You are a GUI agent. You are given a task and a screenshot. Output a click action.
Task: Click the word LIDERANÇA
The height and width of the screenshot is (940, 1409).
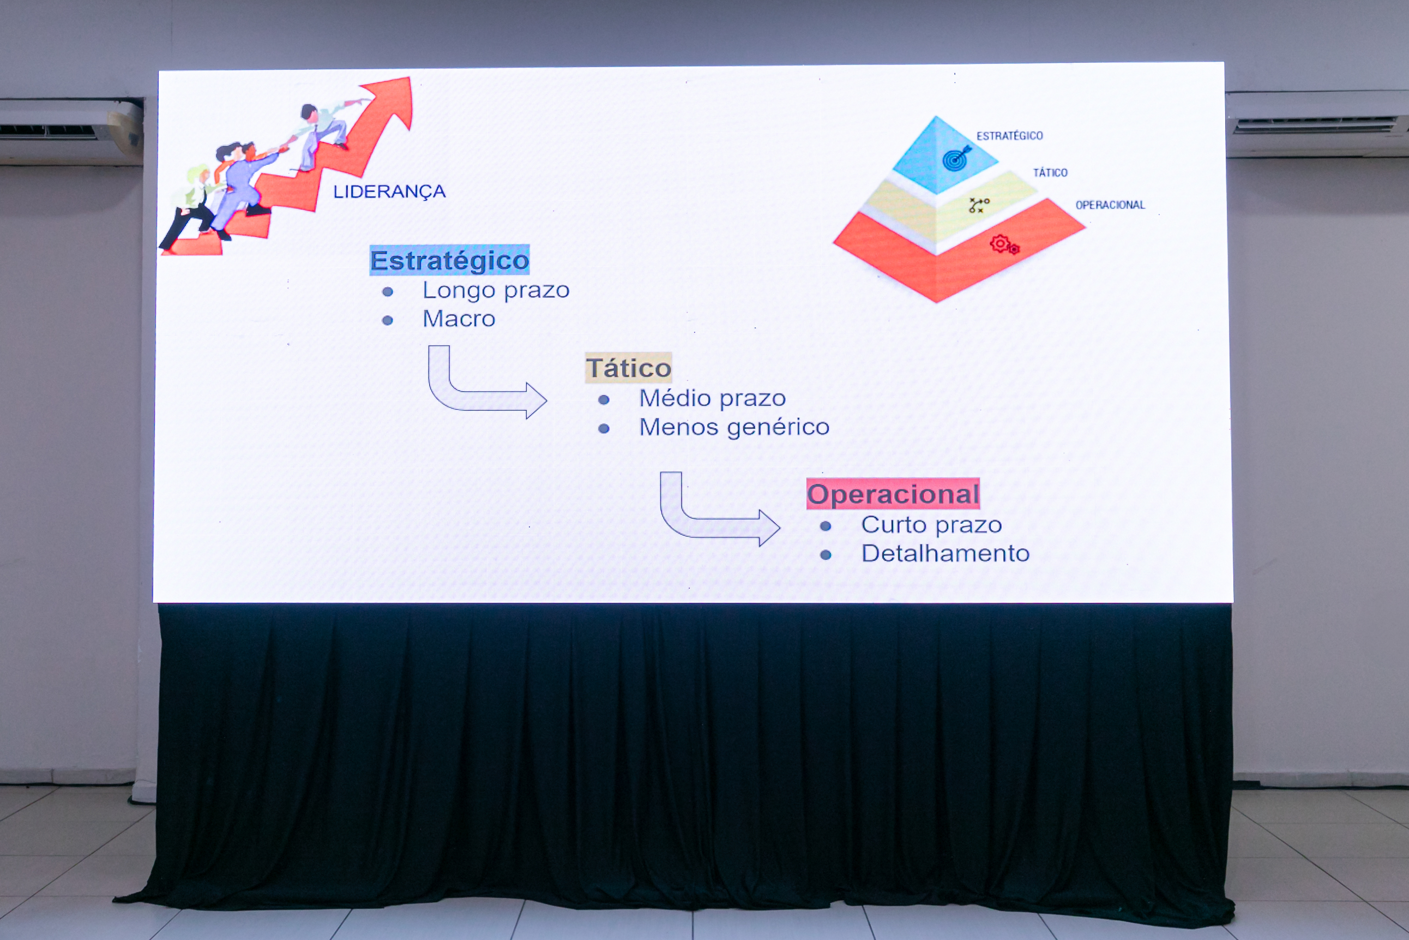click(x=389, y=192)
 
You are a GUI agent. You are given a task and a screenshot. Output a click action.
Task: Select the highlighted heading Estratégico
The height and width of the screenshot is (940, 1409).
click(x=449, y=260)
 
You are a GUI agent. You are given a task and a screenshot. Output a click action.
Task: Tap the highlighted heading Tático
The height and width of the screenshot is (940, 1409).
click(x=628, y=368)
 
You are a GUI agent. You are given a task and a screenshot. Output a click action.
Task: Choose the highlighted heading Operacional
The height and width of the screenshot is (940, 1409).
click(x=893, y=494)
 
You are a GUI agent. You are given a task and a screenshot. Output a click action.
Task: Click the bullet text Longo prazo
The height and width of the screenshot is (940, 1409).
click(x=496, y=291)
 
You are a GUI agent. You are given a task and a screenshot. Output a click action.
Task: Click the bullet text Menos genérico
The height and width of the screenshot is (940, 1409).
click(x=734, y=427)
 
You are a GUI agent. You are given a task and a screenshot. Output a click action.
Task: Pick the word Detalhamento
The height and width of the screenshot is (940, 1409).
click(x=946, y=553)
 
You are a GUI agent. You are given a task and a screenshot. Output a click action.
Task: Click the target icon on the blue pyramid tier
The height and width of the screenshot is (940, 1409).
click(x=956, y=158)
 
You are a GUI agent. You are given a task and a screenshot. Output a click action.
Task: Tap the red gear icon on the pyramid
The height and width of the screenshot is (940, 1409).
click(x=1004, y=244)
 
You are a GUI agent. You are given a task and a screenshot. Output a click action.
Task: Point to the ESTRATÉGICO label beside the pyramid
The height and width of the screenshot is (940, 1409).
click(x=1009, y=136)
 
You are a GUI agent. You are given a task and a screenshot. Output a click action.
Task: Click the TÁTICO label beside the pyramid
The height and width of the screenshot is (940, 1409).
click(x=1050, y=172)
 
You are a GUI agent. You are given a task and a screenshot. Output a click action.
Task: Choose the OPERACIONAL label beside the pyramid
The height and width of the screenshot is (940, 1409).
click(x=1110, y=205)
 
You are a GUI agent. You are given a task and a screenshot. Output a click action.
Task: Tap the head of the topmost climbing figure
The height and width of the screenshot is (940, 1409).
click(x=309, y=112)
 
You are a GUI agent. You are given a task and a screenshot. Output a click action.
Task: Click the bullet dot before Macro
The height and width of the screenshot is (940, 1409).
click(x=388, y=321)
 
